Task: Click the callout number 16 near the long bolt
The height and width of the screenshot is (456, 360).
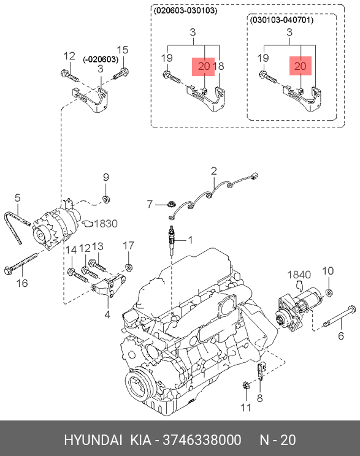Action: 22,283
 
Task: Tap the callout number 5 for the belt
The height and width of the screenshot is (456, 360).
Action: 17,198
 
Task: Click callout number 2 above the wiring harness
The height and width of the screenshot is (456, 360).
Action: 214,171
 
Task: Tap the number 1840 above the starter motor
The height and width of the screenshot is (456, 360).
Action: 299,275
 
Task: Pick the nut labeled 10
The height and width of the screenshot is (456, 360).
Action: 329,292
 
